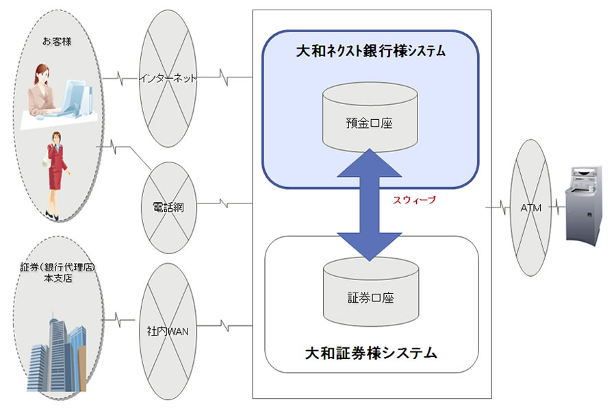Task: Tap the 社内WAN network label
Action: coord(168,331)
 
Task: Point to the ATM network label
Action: coord(531,208)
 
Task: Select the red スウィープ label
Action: coord(414,200)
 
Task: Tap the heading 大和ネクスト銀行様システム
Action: coord(370,51)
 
